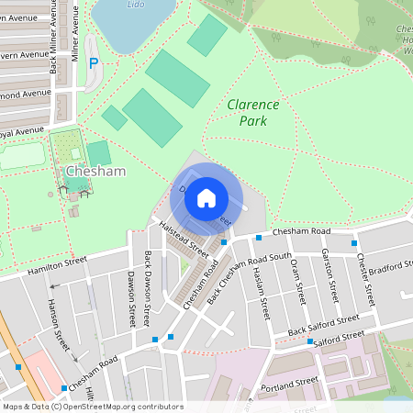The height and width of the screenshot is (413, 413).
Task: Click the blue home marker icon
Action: point(206,198)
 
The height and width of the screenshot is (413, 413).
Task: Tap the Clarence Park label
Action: point(246,112)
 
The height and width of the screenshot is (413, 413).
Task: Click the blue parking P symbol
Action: point(93,63)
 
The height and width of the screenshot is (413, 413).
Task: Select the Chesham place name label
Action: point(95,171)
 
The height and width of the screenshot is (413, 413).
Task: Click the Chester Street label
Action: point(366,279)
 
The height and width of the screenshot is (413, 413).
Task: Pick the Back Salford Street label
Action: point(323,325)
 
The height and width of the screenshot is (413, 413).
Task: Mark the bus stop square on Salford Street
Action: point(311,342)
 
